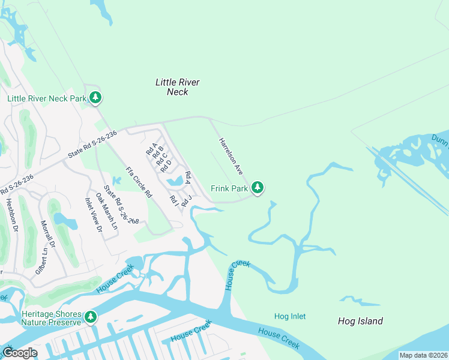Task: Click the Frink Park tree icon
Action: click(x=258, y=188)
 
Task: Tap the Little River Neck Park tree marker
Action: click(x=95, y=97)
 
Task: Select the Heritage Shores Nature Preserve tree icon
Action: click(x=91, y=316)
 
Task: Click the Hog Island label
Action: click(x=360, y=321)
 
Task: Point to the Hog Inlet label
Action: click(x=290, y=316)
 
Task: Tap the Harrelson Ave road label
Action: click(x=230, y=156)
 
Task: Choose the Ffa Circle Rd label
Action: click(x=139, y=182)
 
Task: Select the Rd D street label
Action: click(x=166, y=165)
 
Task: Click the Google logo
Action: click(x=20, y=353)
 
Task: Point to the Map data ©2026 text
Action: click(x=423, y=355)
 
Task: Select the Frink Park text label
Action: click(x=229, y=188)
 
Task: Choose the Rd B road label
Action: click(x=156, y=152)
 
